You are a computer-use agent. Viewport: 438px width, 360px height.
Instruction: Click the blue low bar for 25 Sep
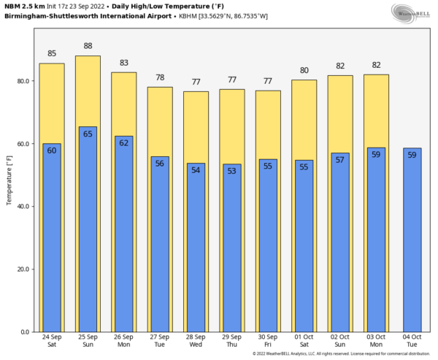point(88,234)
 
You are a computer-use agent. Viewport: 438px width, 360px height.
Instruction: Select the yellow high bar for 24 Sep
point(51,102)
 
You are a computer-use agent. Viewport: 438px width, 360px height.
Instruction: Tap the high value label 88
point(88,46)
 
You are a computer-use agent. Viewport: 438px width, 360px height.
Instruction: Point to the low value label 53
point(231,171)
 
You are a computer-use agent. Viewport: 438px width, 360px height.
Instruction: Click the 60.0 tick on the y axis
point(23,144)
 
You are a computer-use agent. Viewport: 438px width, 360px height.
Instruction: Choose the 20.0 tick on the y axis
point(23,269)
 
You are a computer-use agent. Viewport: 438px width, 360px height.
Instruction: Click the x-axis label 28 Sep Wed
point(196,342)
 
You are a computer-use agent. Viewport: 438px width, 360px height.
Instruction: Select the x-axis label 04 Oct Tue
point(412,342)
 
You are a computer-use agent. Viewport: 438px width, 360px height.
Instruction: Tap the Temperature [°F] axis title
point(10,175)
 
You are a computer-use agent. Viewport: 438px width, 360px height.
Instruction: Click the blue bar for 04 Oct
point(412,241)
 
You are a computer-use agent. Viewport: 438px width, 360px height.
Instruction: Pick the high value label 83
point(123,63)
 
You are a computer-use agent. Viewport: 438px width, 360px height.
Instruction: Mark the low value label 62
point(123,142)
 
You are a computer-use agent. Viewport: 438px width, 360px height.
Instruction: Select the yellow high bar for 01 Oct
point(304,117)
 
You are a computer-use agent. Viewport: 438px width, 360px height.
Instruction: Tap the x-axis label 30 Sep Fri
point(268,342)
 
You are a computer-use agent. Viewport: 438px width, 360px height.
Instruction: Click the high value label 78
point(159,78)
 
